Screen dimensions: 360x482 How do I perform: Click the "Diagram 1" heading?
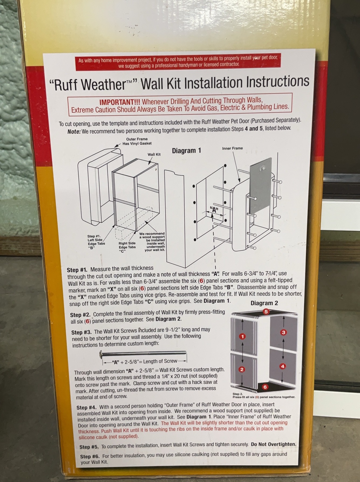coord(186,151)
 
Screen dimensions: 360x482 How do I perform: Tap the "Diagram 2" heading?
coord(264,303)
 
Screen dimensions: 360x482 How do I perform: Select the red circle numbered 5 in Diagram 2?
coord(266,311)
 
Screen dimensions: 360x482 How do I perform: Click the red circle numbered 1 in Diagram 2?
coord(243,336)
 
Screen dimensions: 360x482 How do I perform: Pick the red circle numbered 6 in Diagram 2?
coord(265,387)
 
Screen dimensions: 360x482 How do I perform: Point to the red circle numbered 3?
coord(283,332)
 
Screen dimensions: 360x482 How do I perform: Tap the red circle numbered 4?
coord(282,366)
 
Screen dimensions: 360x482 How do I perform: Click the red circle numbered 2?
coord(242,369)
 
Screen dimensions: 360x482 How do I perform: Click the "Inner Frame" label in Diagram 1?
coord(232,148)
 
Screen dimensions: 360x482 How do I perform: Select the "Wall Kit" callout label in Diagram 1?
coord(154,154)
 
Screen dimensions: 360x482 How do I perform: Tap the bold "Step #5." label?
coord(89,447)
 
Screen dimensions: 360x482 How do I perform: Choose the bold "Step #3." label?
coord(81,332)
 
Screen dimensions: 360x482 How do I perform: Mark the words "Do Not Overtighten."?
coord(274,444)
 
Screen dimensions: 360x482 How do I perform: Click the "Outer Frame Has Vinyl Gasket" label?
coord(137,141)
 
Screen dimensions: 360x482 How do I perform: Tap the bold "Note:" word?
coord(74,132)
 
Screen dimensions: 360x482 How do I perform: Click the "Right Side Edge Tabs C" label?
coord(127,247)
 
